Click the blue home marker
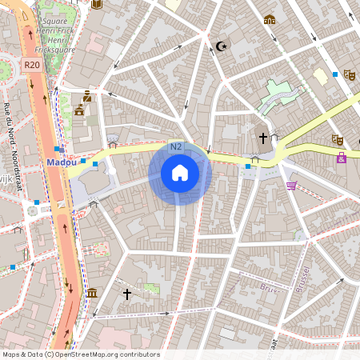(x=179, y=173)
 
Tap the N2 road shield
(x=176, y=147)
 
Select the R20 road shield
(x=32, y=65)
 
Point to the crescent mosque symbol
(x=220, y=46)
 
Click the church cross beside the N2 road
(x=262, y=138)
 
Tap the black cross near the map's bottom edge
(x=126, y=294)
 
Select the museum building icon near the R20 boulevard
(x=92, y=293)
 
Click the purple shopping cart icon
(x=291, y=186)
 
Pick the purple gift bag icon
(x=342, y=158)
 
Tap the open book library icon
(x=98, y=5)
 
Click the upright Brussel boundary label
(x=302, y=280)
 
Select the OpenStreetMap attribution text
(x=80, y=354)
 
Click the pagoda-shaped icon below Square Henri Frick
(x=79, y=110)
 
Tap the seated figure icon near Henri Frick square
(x=87, y=96)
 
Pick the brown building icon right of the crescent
(x=270, y=20)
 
